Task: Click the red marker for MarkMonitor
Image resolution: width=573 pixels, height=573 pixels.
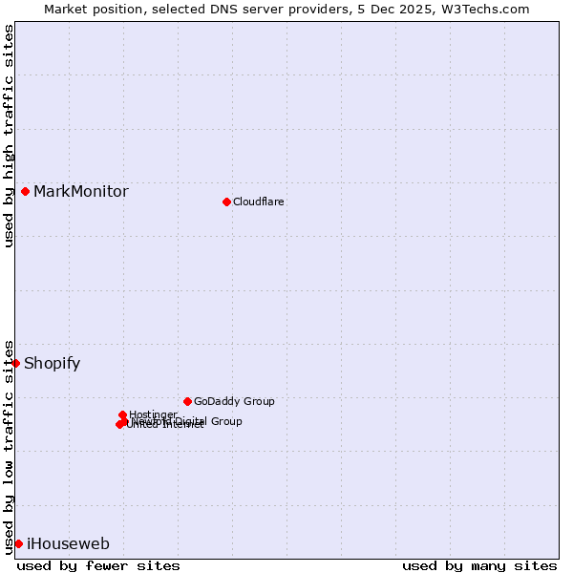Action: click(25, 191)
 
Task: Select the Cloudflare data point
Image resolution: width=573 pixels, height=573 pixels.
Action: click(226, 202)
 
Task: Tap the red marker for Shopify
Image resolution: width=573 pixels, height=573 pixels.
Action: click(15, 363)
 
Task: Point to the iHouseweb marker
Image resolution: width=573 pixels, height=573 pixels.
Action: click(18, 543)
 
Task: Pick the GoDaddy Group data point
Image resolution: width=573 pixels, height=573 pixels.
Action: click(187, 401)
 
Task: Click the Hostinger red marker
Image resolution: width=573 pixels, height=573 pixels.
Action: click(123, 414)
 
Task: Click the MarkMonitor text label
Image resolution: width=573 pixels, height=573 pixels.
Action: click(81, 191)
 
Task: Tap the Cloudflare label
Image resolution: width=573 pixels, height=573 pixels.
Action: click(259, 202)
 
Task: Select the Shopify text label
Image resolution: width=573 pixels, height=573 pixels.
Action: click(53, 363)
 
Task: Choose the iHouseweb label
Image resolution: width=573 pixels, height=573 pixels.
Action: click(68, 543)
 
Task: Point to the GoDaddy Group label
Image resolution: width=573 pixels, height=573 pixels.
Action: click(234, 401)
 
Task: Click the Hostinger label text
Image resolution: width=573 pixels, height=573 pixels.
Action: click(153, 414)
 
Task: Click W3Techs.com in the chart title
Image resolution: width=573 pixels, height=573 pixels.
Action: click(489, 9)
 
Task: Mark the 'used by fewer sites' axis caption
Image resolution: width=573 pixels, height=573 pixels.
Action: click(98, 565)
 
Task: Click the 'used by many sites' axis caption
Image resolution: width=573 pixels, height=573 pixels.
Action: click(479, 565)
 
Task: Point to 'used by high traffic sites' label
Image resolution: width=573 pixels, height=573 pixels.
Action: click(9, 136)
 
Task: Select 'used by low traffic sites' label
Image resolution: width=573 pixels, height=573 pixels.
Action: click(9, 446)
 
